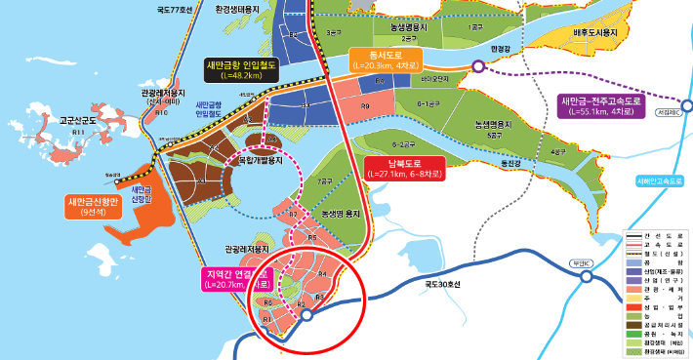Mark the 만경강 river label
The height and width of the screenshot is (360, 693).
[x=502, y=47]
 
